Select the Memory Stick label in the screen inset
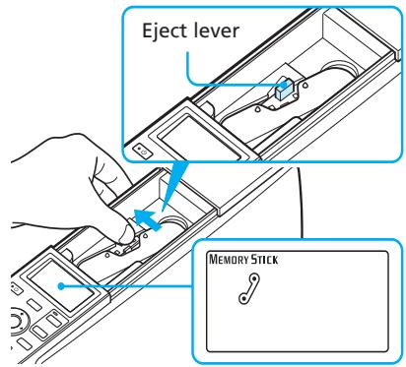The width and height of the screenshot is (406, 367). (246, 263)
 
